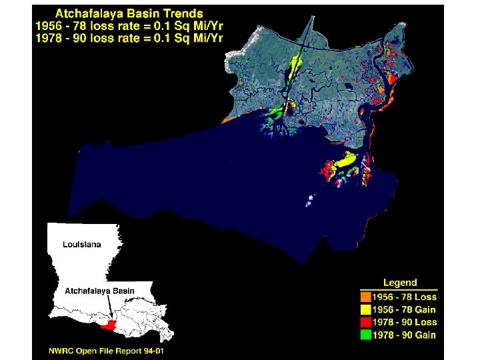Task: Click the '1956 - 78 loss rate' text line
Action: [129, 25]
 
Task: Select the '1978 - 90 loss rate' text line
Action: [129, 37]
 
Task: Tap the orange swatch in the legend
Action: [365, 297]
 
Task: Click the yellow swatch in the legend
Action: [365, 309]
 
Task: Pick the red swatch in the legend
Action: [365, 322]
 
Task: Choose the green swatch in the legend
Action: [365, 335]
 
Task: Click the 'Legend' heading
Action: [399, 283]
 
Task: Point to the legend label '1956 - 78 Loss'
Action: [404, 297]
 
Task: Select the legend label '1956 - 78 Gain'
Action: [404, 309]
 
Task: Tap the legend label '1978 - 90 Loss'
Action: [404, 322]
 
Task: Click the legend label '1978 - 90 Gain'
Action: [404, 335]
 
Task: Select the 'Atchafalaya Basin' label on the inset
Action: [99, 291]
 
